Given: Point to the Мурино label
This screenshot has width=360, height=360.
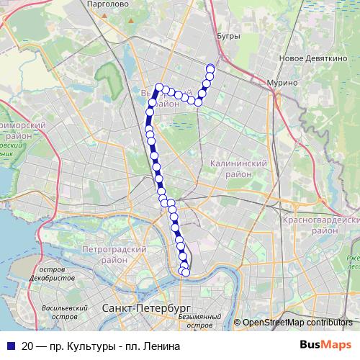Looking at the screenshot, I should click(x=282, y=83).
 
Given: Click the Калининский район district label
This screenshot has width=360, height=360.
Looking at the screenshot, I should click(x=238, y=169).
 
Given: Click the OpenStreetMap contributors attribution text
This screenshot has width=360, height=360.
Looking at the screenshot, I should click(x=297, y=323).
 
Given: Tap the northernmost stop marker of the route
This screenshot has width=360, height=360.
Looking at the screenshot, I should click(x=210, y=69).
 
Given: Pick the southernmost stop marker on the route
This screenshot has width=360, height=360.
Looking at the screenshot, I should click(x=185, y=271).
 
